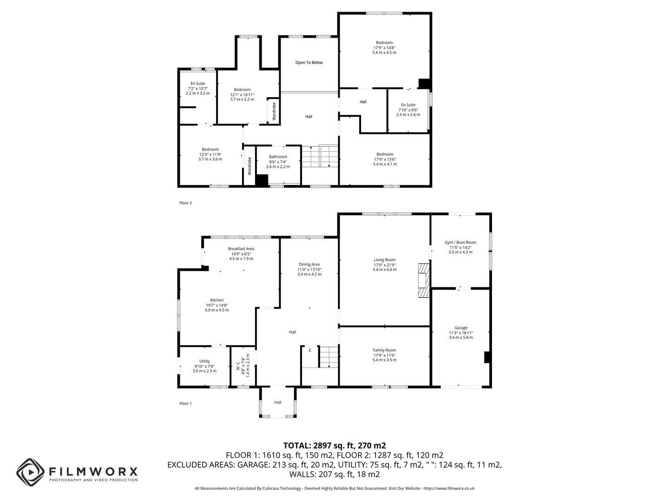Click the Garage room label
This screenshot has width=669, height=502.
click(461, 328)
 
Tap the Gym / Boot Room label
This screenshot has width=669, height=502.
click(460, 242)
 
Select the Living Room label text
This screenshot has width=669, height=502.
click(384, 260)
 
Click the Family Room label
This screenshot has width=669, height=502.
click(384, 350)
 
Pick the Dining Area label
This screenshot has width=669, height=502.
click(309, 264)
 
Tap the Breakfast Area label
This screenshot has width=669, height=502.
click(241, 249)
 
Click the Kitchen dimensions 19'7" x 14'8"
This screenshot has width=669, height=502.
click(217, 305)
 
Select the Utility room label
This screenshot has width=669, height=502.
click(204, 361)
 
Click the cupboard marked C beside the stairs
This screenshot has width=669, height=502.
click(310, 350)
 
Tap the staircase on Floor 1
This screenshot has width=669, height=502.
click(328, 357)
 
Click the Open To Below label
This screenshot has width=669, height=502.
click(309, 62)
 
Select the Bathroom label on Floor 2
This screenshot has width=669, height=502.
click(278, 157)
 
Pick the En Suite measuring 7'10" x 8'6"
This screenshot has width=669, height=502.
click(408, 110)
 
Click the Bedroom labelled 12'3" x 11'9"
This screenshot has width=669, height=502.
click(210, 154)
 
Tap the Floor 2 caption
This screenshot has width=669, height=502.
click(185, 203)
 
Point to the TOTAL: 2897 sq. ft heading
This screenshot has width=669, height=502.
click(334, 445)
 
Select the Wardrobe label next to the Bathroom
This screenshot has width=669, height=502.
click(249, 166)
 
